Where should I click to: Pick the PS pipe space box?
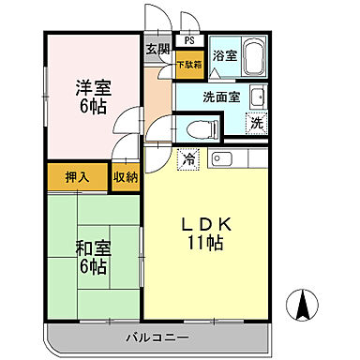pos(189,41)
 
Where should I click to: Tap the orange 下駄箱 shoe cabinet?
pos(188,66)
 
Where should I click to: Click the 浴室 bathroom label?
pos(223,55)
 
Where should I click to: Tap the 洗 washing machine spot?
pos(256,122)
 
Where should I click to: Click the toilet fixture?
pos(198,127)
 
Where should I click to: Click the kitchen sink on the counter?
pos(222,157)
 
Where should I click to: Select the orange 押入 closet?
pos(77,177)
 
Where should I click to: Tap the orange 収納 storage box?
pos(125,177)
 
